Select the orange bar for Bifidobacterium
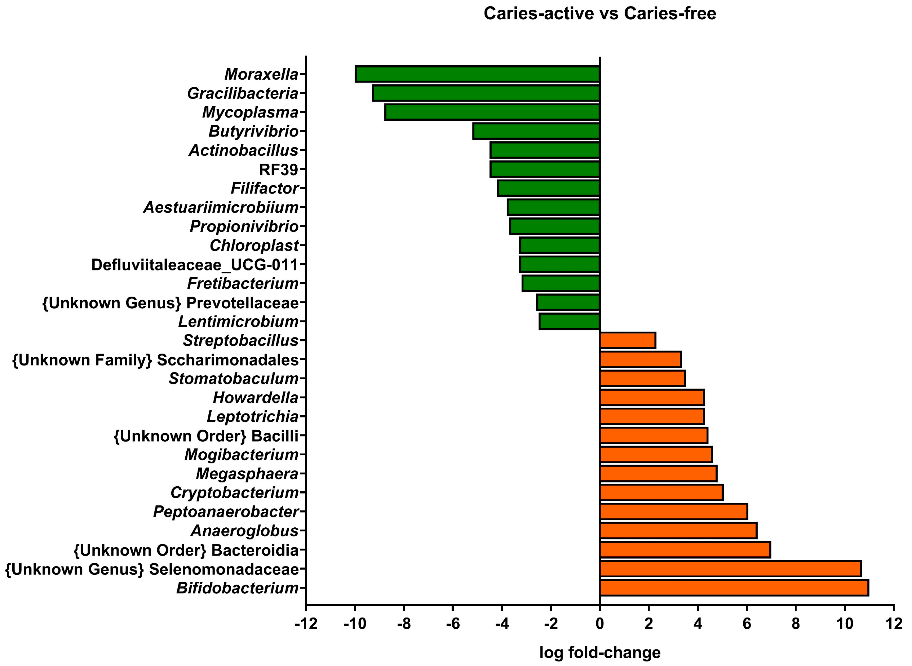(x=733, y=588)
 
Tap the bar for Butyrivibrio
(x=536, y=131)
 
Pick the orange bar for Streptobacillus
(x=628, y=340)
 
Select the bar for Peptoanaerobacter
(x=673, y=512)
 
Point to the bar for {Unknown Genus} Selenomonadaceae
(x=730, y=569)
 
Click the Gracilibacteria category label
(x=243, y=93)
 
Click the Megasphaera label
(x=247, y=474)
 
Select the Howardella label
(x=255, y=398)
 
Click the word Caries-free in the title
(x=670, y=13)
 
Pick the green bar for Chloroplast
(x=559, y=246)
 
